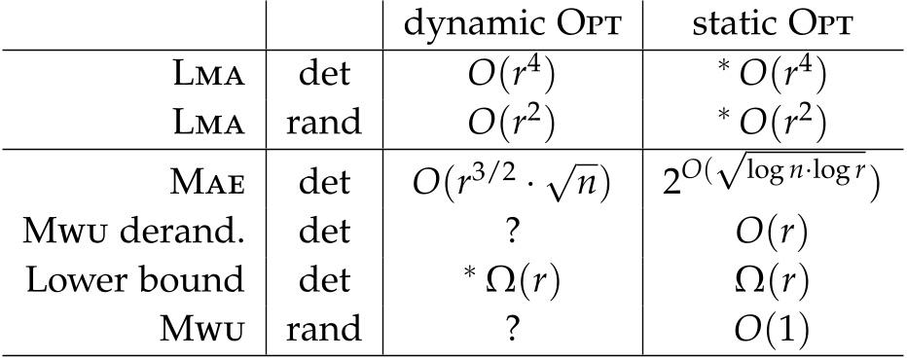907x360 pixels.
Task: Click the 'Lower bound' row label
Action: point(158,279)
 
